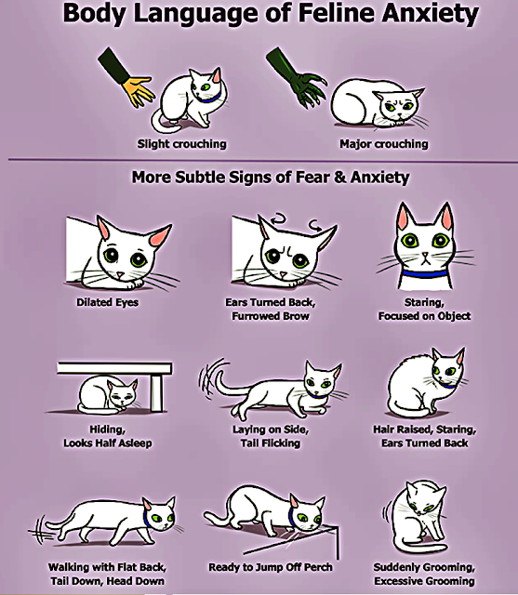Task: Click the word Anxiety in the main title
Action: (x=430, y=14)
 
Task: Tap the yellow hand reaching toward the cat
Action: (x=138, y=90)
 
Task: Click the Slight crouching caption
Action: (x=181, y=144)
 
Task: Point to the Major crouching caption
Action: (x=384, y=144)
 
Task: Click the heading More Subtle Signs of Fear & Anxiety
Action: (x=271, y=178)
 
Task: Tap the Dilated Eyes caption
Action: (x=107, y=302)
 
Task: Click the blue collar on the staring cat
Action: (x=425, y=273)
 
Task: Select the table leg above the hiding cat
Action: (x=157, y=392)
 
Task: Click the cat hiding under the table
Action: (x=107, y=395)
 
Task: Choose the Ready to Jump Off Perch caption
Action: (x=271, y=567)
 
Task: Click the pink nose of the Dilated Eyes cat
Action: (x=120, y=274)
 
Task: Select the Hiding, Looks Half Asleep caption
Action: (x=107, y=436)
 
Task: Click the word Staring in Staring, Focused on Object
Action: (x=424, y=302)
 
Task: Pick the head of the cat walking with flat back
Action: (x=159, y=513)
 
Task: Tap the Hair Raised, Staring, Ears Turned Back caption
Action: (x=425, y=436)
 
